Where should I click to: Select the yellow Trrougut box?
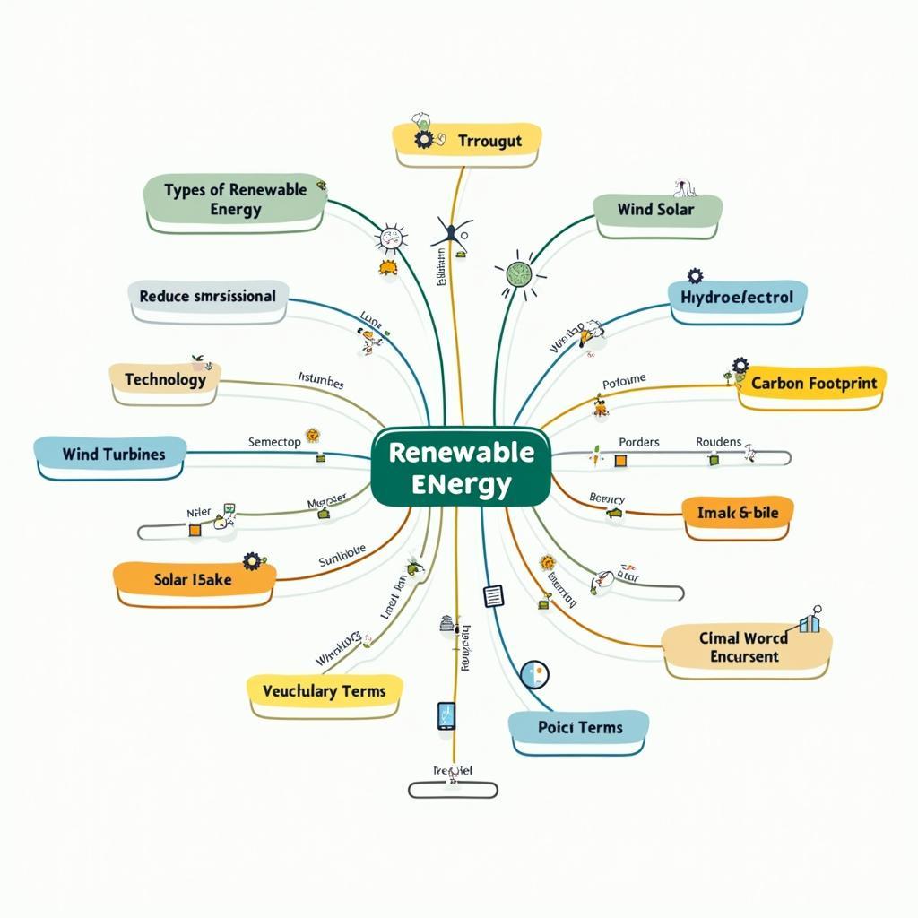467,141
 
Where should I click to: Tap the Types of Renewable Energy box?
236,199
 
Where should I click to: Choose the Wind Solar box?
656,210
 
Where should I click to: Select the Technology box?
165,380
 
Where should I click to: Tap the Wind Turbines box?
113,455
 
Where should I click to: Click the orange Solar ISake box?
194,580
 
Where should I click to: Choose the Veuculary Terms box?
324,691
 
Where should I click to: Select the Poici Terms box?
579,727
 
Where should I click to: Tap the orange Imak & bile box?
737,513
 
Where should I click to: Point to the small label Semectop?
274,442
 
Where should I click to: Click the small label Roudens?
718,442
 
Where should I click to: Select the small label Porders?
639,442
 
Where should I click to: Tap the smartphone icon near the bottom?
446,715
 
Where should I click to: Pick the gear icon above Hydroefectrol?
695,276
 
